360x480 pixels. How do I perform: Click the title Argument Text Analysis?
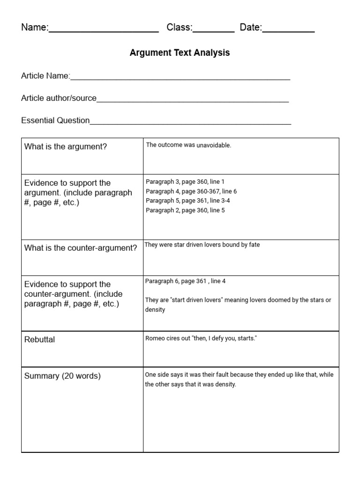pyautogui.click(x=180, y=53)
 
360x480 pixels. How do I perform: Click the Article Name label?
pyautogui.click(x=45, y=76)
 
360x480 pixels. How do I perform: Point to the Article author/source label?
pyautogui.click(x=59, y=98)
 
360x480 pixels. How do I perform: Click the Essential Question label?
pyautogui.click(x=55, y=120)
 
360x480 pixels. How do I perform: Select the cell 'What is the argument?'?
pyautogui.click(x=66, y=147)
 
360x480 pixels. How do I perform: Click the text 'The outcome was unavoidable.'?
pyautogui.click(x=188, y=145)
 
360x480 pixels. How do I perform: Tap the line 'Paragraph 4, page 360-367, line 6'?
pyautogui.click(x=191, y=191)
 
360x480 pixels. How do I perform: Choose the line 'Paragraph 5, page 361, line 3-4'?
pyautogui.click(x=188, y=201)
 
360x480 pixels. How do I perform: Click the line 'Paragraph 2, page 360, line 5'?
pyautogui.click(x=185, y=210)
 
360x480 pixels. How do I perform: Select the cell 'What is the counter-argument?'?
pyautogui.click(x=81, y=248)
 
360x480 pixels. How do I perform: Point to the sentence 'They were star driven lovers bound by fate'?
pyautogui.click(x=202, y=245)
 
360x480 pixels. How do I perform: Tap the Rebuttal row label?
pyautogui.click(x=39, y=339)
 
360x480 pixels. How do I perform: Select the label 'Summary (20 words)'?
pyautogui.click(x=62, y=376)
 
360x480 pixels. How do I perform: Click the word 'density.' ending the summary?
pyautogui.click(x=225, y=384)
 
